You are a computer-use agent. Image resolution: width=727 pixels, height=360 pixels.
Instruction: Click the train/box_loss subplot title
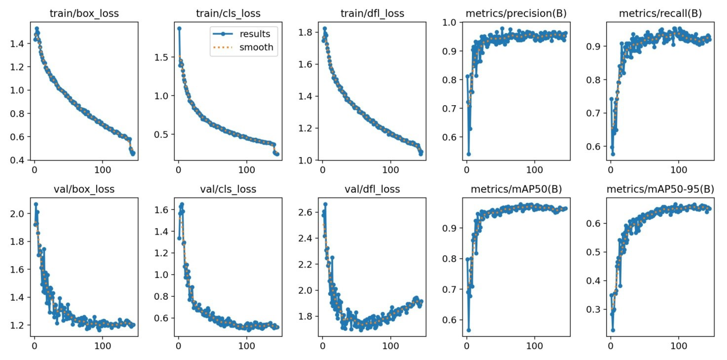pyautogui.click(x=84, y=13)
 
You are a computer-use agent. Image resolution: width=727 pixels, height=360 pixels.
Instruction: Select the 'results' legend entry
pyautogui.click(x=255, y=34)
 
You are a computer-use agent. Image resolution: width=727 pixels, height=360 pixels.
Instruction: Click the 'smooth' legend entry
pyautogui.click(x=256, y=47)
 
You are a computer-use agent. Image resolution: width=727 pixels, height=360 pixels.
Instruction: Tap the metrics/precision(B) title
pyautogui.click(x=516, y=13)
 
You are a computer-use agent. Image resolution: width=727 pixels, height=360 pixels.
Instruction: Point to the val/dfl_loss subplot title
pyautogui.click(x=372, y=189)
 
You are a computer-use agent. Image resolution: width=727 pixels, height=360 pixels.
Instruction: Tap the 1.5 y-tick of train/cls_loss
pyautogui.click(x=161, y=57)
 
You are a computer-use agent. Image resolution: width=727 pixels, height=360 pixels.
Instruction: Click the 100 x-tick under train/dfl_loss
pyautogui.click(x=391, y=170)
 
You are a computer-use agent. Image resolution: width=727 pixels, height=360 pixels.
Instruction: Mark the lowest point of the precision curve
pyautogui.click(x=468, y=154)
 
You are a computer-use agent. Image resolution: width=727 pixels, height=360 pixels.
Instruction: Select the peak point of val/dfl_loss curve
pyautogui.click(x=325, y=204)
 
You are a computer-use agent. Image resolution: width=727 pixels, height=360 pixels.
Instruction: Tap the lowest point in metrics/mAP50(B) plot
pyautogui.click(x=468, y=330)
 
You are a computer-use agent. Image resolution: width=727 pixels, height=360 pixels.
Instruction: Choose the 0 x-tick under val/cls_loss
pyautogui.click(x=178, y=346)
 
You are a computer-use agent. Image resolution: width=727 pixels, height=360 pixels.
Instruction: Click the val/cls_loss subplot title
pyautogui.click(x=228, y=189)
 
